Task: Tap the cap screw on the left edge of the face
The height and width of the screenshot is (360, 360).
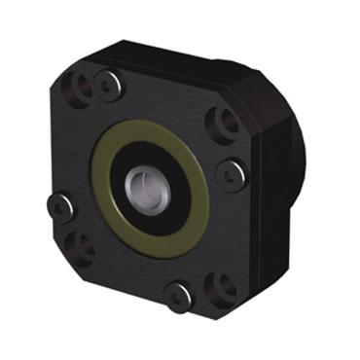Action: point(61,206)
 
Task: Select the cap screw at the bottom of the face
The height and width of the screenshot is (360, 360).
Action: point(178,296)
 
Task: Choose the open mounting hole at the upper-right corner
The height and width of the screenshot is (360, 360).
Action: point(223,122)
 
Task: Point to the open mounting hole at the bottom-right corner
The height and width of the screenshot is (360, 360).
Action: point(223,288)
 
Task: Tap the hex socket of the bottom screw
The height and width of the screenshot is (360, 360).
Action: point(178,296)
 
